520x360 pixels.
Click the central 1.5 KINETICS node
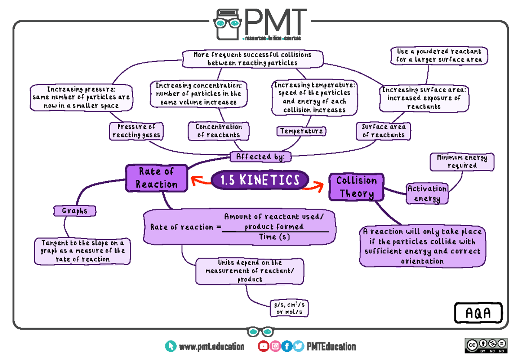[260, 180]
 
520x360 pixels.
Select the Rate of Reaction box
[157, 178]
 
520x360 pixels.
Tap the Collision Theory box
[357, 187]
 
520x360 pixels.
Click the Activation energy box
[427, 194]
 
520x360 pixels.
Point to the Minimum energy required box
[462, 162]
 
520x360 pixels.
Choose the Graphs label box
[75, 211]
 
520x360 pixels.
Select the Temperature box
[301, 131]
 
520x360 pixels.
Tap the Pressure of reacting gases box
[136, 131]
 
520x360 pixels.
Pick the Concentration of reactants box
[219, 131]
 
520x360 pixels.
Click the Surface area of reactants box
[383, 131]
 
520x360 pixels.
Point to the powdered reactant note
[439, 55]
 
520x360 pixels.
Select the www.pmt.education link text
[211, 347]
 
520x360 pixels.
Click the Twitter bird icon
[298, 346]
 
